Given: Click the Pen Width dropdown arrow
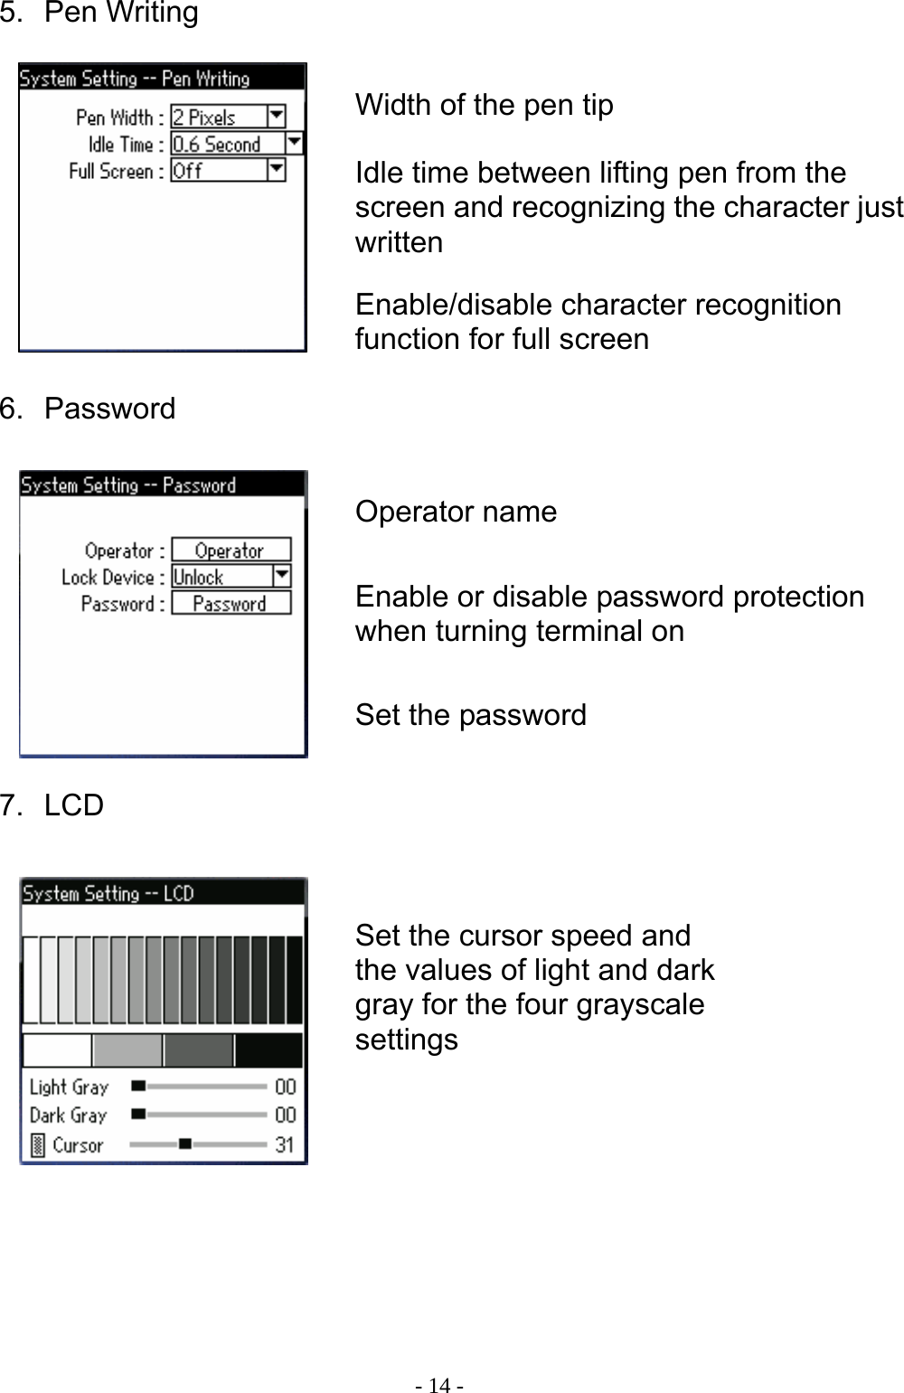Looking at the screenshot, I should click(x=277, y=117).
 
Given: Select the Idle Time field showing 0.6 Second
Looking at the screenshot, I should click(x=228, y=144).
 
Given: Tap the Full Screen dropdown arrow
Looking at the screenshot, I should click(x=277, y=170).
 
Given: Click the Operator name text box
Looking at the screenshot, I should click(x=231, y=551).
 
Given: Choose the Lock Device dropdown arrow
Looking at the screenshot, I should click(x=281, y=576).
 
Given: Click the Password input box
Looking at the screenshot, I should click(x=231, y=604).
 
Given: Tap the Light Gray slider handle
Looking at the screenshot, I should click(x=138, y=1086).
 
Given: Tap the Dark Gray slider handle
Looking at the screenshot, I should click(x=138, y=1115).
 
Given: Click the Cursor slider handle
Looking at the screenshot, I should click(x=184, y=1144).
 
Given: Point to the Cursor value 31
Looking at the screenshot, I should click(x=285, y=1144).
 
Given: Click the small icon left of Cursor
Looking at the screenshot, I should click(x=37, y=1145).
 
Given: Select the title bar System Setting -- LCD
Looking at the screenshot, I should click(x=163, y=893).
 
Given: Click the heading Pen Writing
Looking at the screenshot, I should click(x=121, y=14).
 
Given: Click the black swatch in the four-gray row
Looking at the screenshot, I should click(x=268, y=1050).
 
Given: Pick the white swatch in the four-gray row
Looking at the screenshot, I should click(x=56, y=1050).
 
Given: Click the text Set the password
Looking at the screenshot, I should click(x=470, y=715).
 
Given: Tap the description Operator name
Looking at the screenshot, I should click(x=456, y=512).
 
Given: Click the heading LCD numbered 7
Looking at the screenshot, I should click(x=73, y=805).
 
